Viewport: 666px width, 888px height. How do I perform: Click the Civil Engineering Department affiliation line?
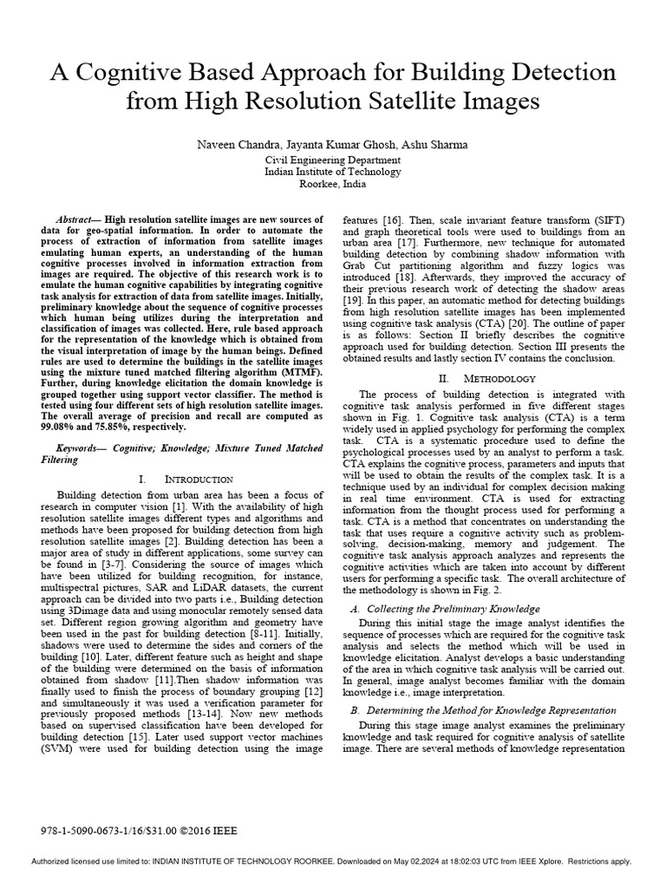click(x=333, y=160)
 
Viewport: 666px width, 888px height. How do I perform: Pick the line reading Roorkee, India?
click(x=333, y=184)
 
